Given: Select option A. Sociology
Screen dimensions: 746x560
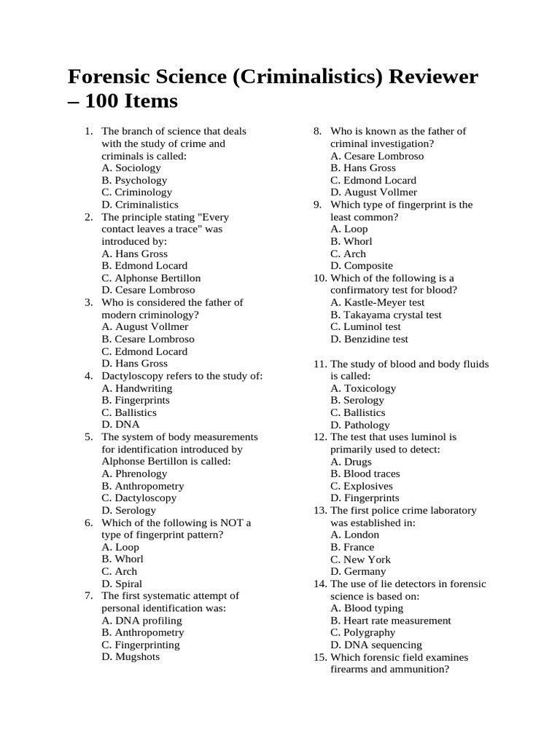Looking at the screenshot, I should point(131,168).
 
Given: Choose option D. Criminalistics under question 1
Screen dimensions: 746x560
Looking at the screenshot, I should point(140,205).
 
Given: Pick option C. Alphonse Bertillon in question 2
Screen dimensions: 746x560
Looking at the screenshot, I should point(151,278).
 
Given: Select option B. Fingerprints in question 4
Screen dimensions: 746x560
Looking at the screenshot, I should point(136,400).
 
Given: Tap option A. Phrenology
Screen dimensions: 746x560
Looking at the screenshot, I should point(135,474).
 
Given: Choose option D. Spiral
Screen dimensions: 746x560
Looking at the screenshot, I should point(122,584).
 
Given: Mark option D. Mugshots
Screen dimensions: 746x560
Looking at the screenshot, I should point(131,656).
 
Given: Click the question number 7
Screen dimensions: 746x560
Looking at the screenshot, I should point(88,596).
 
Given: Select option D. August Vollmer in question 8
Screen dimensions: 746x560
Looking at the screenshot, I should point(373,192).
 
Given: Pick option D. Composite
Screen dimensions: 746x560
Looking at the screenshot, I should point(361,266).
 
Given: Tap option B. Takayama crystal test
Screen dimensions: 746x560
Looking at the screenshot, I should point(386,315).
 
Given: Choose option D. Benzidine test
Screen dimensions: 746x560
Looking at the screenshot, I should point(369,339).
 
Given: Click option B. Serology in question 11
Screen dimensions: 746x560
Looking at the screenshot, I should point(357,400).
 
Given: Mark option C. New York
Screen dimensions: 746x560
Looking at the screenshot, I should point(360,559).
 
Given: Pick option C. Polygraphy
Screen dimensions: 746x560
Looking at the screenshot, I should point(362,632).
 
